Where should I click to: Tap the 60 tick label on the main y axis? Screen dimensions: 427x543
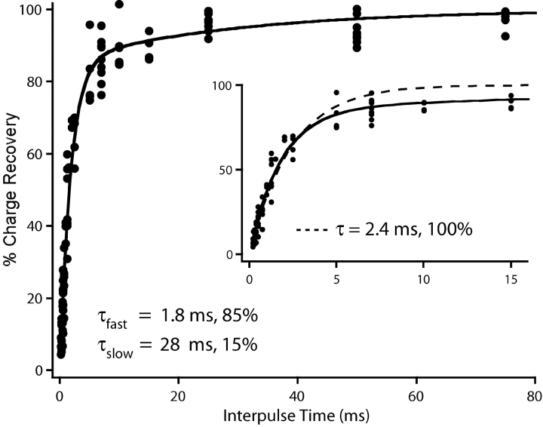pos(34,153)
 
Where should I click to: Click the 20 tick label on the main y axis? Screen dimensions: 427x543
pos(34,298)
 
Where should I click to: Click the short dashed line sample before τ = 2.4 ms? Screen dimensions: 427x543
pos(309,227)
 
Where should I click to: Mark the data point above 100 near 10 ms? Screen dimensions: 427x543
pos(119,4)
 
